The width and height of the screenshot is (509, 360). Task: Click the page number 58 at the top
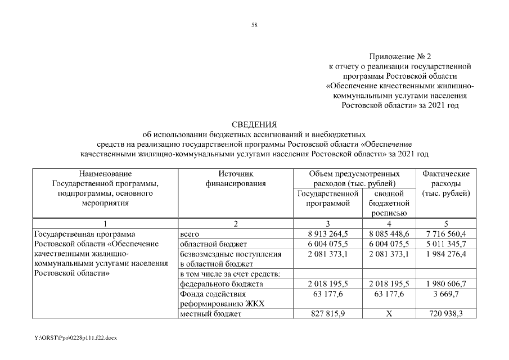click(x=254, y=25)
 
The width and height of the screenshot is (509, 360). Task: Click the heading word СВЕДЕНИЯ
click(x=255, y=124)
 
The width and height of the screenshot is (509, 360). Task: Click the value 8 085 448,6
click(x=389, y=234)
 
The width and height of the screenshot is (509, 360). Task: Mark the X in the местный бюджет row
click(x=389, y=314)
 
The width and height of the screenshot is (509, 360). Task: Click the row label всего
click(x=190, y=234)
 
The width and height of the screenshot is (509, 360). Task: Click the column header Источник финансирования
click(x=235, y=179)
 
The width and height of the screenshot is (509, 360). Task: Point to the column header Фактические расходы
click(x=445, y=184)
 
